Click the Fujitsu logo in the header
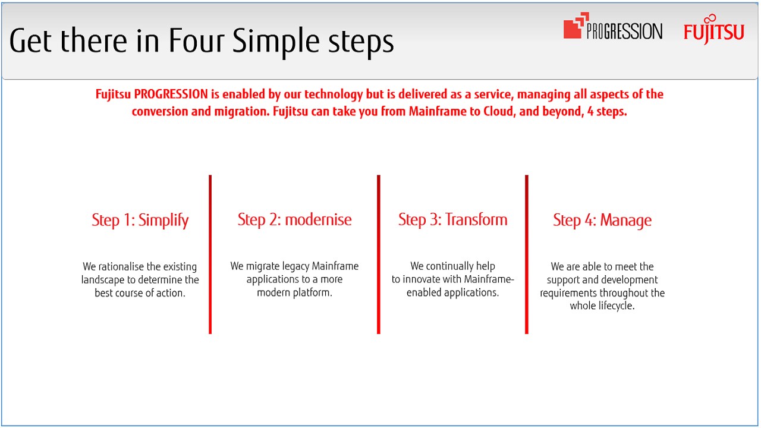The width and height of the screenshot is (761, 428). (714, 29)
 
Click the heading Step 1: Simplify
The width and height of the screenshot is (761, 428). (140, 220)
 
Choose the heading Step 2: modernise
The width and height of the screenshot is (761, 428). (294, 220)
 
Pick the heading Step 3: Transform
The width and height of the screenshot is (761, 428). (453, 220)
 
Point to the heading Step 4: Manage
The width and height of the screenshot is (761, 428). (602, 220)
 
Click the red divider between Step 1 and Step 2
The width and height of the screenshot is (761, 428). (210, 254)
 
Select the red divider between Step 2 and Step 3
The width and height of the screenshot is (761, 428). (379, 254)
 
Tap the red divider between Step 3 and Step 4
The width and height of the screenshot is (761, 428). (527, 254)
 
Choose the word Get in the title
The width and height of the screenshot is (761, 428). (30, 41)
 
